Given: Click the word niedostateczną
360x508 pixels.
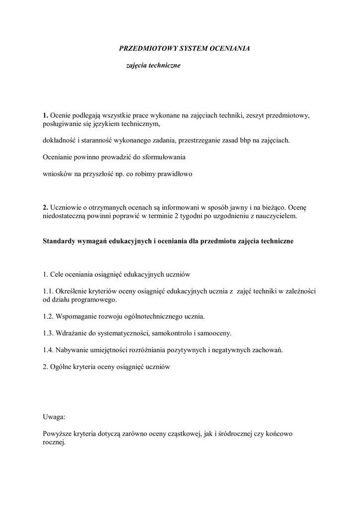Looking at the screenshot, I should (64, 216).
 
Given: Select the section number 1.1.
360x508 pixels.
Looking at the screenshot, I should (48, 291).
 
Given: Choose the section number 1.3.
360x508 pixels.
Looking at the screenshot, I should (48, 333).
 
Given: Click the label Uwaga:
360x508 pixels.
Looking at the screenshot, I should (54, 417).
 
